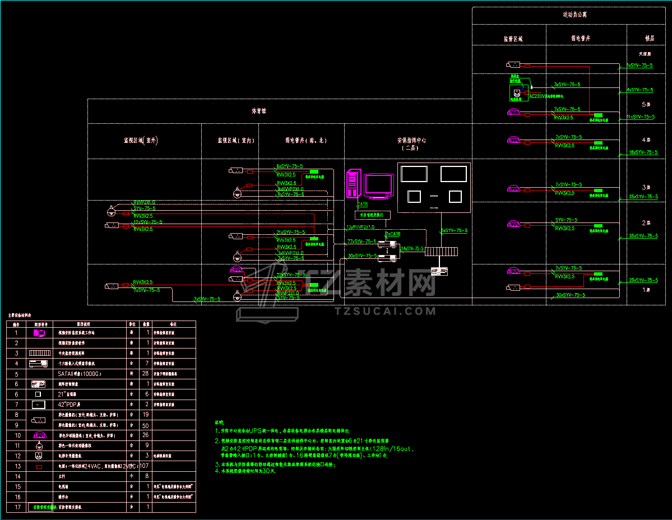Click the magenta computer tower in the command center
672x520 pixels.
[353, 183]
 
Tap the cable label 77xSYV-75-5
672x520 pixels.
[362, 242]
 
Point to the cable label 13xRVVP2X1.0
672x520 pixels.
[360, 227]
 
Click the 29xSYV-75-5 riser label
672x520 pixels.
[643, 280]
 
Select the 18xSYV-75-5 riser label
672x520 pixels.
[643, 152]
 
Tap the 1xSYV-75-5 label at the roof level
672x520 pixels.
[639, 66]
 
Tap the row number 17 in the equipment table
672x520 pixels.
[17, 507]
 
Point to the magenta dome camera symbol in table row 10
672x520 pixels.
[39, 435]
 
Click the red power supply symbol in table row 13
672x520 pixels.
[39, 466]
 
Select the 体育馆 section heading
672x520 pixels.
[258, 111]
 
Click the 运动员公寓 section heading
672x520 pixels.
[575, 15]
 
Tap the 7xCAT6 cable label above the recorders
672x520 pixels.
[393, 234]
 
